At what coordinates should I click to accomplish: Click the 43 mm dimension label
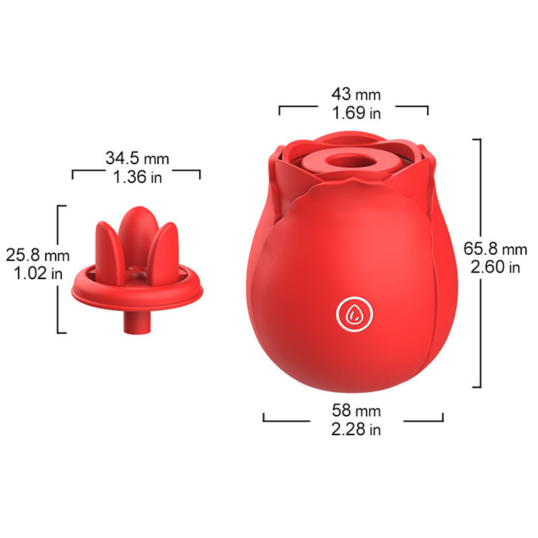(x=356, y=94)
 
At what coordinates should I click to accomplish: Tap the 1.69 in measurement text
(x=356, y=113)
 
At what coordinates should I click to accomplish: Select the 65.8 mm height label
(x=495, y=249)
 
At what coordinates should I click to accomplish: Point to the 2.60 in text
(x=495, y=267)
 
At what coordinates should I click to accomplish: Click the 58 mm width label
(x=356, y=410)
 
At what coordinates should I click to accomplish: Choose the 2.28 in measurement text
(x=356, y=429)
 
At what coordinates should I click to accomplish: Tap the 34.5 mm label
(x=137, y=158)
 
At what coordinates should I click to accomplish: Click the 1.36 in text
(x=137, y=177)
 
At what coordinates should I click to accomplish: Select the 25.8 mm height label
(x=38, y=255)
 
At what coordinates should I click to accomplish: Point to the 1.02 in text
(x=38, y=274)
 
